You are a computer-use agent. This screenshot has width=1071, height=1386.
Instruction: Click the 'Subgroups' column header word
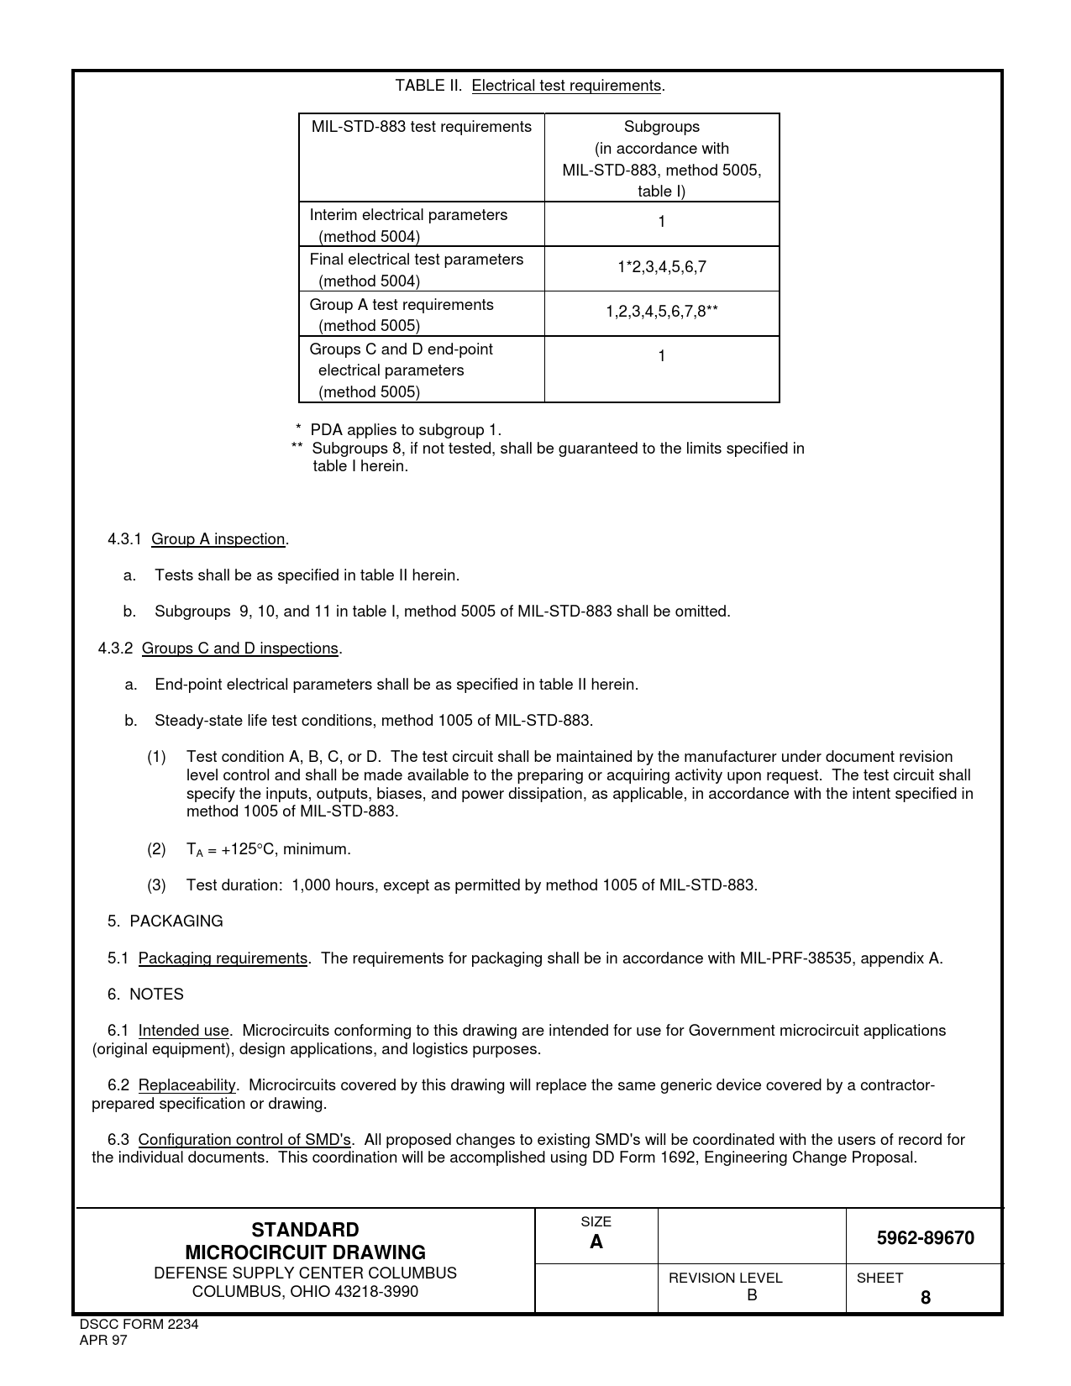click(661, 127)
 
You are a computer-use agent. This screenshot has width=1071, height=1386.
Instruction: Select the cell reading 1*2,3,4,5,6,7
click(661, 267)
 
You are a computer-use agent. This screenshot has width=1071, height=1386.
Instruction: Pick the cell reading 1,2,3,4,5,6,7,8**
click(661, 312)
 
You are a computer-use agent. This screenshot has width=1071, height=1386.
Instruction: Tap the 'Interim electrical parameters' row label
click(408, 215)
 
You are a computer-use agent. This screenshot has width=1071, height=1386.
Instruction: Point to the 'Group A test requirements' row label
click(402, 305)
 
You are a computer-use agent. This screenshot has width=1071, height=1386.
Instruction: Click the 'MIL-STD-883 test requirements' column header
click(421, 127)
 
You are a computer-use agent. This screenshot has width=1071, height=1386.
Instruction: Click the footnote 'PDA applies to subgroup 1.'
click(406, 430)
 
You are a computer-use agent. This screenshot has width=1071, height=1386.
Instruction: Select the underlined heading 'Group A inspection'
click(218, 539)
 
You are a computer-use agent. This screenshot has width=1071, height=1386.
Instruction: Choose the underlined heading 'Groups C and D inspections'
click(240, 648)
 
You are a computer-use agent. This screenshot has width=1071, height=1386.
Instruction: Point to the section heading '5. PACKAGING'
click(165, 921)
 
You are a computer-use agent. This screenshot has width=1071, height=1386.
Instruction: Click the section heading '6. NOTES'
click(145, 995)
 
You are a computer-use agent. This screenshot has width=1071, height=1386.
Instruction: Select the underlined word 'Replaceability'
click(187, 1085)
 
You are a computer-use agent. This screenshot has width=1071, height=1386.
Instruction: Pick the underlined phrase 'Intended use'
click(183, 1031)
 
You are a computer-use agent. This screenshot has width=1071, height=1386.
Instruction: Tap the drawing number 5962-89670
click(925, 1238)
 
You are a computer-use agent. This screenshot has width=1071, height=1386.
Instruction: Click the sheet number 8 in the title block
click(926, 1298)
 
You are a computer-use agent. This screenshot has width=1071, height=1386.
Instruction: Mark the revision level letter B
click(752, 1295)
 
